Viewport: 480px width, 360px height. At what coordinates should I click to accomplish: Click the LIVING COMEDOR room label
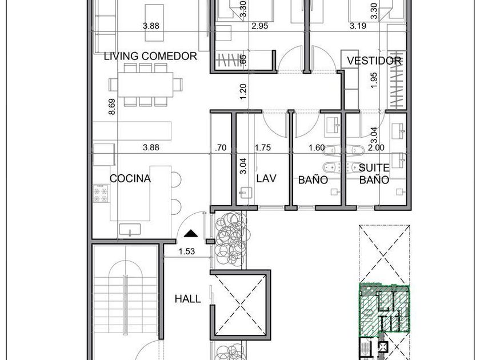click(x=150, y=57)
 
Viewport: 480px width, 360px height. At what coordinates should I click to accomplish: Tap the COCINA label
click(x=130, y=178)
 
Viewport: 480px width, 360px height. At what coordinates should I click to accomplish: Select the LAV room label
click(x=266, y=178)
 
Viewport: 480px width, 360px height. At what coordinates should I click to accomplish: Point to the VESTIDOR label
click(x=374, y=61)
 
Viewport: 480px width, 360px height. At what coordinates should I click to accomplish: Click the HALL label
click(x=187, y=299)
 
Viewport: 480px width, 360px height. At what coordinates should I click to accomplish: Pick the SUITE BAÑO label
click(x=374, y=174)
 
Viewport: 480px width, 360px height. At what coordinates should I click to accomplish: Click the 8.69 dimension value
click(x=112, y=106)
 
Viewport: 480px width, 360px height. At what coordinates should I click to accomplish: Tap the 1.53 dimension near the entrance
click(x=187, y=251)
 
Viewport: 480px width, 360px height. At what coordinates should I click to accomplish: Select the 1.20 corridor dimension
click(x=243, y=91)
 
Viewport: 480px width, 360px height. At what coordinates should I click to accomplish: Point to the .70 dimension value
click(x=221, y=147)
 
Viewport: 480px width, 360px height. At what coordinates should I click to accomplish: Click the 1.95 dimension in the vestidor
click(x=374, y=80)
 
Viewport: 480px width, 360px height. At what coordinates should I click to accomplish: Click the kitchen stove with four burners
click(x=101, y=194)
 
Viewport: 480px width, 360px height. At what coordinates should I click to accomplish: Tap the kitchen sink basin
click(x=130, y=229)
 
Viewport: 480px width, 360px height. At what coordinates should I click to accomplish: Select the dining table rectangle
click(x=145, y=85)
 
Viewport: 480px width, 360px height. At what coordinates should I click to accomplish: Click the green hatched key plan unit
click(x=384, y=309)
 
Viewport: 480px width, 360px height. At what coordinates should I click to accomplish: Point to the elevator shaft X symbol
click(x=241, y=305)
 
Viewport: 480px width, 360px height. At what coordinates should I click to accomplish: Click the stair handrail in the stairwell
click(x=125, y=305)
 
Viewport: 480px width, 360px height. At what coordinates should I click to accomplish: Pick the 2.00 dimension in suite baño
click(x=376, y=147)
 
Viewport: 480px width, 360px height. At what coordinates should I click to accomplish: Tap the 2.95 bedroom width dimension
click(x=259, y=26)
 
